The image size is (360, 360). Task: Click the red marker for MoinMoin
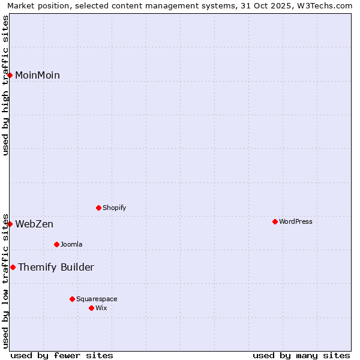pyautogui.click(x=10, y=75)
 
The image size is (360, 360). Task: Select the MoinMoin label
pyautogui.click(x=37, y=76)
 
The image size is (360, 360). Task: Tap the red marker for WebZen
pyautogui.click(x=10, y=224)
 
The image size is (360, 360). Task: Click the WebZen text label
pyautogui.click(x=34, y=224)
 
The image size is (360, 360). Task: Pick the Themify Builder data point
pyautogui.click(x=13, y=267)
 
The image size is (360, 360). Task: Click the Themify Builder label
pyautogui.click(x=56, y=268)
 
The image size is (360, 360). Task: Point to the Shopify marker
pyautogui.click(x=98, y=208)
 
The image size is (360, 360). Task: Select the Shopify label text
pyautogui.click(x=114, y=208)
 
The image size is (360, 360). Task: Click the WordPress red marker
pyautogui.click(x=275, y=221)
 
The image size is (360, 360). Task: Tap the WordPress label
pyautogui.click(x=295, y=222)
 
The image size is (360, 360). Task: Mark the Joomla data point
pyautogui.click(x=56, y=244)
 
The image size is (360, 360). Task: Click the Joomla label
pyautogui.click(x=71, y=245)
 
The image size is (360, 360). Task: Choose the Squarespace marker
pyautogui.click(x=72, y=299)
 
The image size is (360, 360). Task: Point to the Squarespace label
pyautogui.click(x=97, y=299)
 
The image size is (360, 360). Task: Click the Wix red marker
pyautogui.click(x=91, y=308)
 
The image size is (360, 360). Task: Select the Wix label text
pyautogui.click(x=101, y=308)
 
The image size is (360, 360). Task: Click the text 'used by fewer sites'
pyautogui.click(x=62, y=355)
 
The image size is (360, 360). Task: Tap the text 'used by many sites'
pyautogui.click(x=301, y=355)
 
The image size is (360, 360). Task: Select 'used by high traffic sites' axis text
pyautogui.click(x=5, y=85)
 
